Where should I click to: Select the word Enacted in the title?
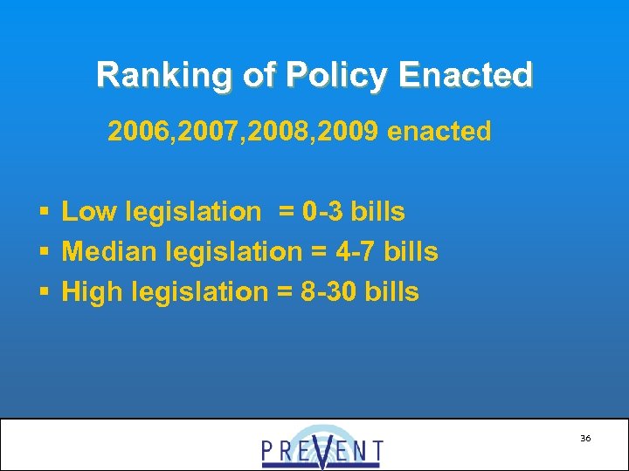[x=464, y=75]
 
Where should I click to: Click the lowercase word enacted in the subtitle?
[x=439, y=132]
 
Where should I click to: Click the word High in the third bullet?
[x=92, y=292]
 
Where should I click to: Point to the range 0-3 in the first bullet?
[x=323, y=211]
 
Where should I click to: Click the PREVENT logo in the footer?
[x=321, y=447]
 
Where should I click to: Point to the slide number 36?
[x=584, y=438]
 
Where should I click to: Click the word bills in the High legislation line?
[x=393, y=292]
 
